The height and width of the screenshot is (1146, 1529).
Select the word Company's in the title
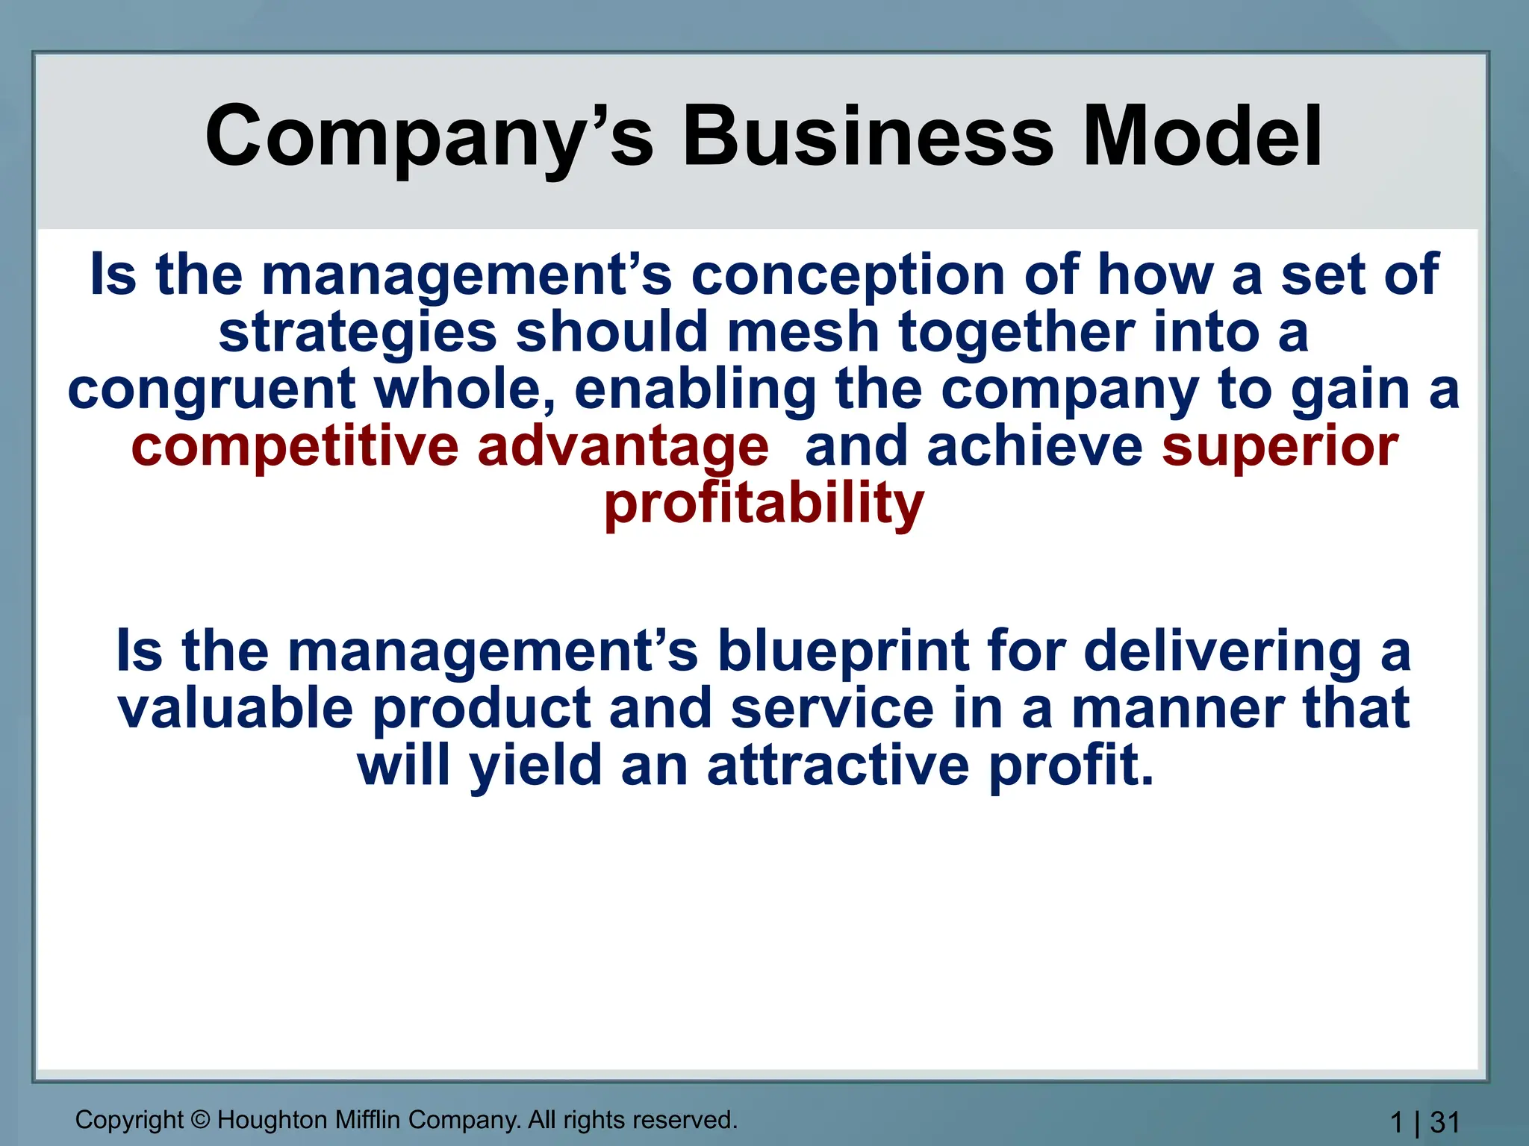(429, 137)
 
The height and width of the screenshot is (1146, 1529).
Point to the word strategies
(358, 334)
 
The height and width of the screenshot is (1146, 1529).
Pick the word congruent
(211, 390)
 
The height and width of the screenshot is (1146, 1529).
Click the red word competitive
(294, 447)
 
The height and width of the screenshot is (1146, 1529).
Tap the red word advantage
(623, 447)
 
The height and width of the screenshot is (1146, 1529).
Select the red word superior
(1280, 447)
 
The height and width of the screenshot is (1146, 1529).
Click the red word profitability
(764, 504)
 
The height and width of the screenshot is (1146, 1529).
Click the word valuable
(235, 709)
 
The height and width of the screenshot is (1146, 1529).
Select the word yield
(535, 766)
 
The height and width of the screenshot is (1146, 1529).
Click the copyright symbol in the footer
(200, 1120)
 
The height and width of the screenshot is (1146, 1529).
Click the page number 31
(1445, 1122)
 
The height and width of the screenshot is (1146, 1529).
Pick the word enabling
(695, 390)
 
